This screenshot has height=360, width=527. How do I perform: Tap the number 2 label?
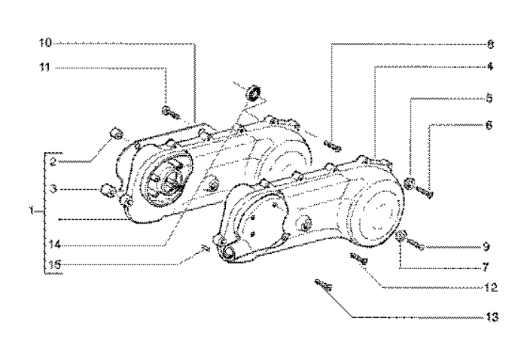(54, 161)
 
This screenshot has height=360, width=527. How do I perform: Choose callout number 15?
(51, 264)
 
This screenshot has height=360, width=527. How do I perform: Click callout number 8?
(489, 43)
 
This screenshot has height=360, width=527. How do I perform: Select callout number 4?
(489, 66)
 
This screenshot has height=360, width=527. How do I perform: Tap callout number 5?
(489, 98)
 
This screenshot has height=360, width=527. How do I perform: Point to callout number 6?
(489, 127)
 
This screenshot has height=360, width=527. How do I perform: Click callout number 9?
(487, 246)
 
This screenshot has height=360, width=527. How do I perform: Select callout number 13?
(490, 318)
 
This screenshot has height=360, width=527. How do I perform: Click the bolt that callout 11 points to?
(169, 112)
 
